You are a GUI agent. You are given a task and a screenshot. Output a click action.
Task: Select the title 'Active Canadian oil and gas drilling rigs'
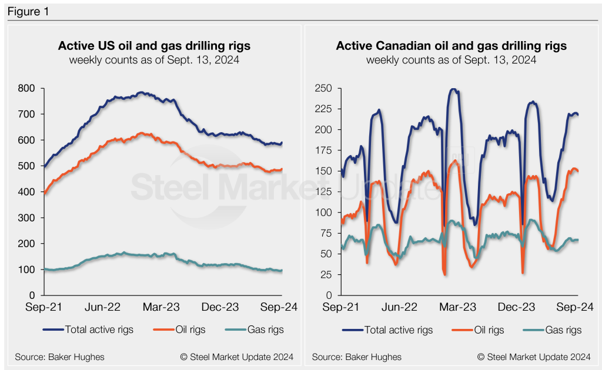coord(451,46)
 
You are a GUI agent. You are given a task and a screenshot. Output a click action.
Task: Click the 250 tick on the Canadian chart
coord(325,88)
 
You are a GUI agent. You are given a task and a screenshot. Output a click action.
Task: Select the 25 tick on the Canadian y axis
coord(327,274)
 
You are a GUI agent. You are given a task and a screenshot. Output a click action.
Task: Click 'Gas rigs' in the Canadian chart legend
coord(562,329)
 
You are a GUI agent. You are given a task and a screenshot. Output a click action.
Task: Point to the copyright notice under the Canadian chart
coord(534,356)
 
